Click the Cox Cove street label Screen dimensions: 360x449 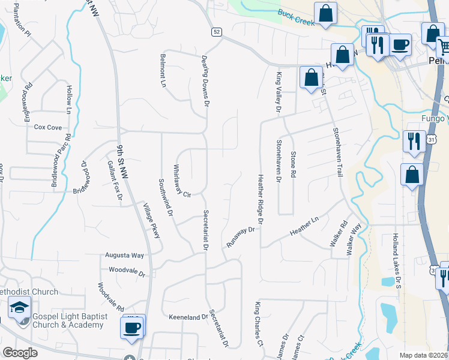(48, 127)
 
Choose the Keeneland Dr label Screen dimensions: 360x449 (188, 316)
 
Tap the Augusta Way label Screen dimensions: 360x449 (125, 255)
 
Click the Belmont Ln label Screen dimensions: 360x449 (163, 71)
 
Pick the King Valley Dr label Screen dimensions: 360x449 (279, 92)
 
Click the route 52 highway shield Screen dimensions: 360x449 (215, 31)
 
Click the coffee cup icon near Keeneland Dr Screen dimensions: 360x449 (131, 328)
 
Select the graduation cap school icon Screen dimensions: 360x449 (19, 308)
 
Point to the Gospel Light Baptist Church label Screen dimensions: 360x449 (68, 320)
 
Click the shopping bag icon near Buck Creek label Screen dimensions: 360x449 (325, 13)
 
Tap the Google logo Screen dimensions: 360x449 (20, 353)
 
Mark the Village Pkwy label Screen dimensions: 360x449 (152, 221)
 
